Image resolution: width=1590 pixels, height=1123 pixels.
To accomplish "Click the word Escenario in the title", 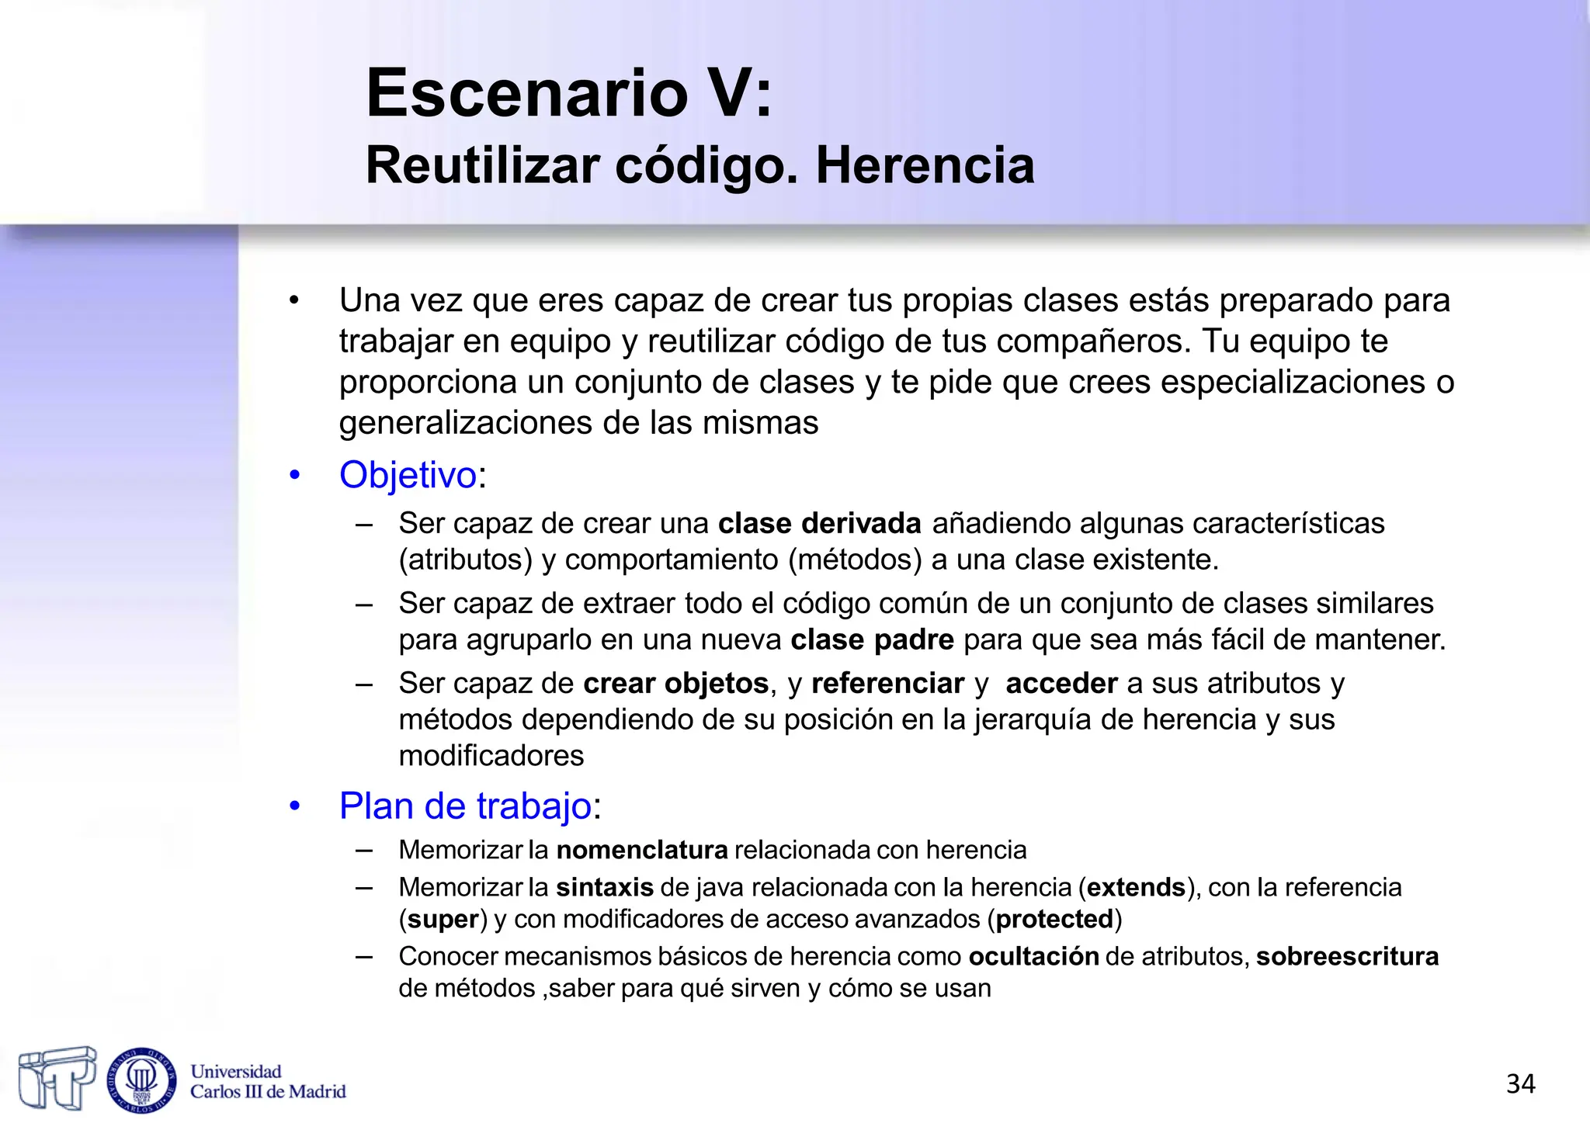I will click(x=527, y=94).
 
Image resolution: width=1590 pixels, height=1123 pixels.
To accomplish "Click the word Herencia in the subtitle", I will click(x=925, y=165).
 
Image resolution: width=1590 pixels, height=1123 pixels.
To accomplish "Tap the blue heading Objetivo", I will click(x=408, y=475).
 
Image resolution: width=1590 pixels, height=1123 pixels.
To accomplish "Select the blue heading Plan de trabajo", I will click(x=466, y=806).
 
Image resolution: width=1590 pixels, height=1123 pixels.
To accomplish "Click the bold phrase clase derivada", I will click(x=819, y=524).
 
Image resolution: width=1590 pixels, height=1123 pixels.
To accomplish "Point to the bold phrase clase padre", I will click(x=872, y=640).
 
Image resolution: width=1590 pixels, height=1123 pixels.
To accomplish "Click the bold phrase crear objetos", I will click(x=675, y=684).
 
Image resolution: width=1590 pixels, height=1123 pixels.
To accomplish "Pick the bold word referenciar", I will click(x=887, y=684).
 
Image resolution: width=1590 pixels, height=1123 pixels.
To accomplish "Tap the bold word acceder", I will click(x=1061, y=684).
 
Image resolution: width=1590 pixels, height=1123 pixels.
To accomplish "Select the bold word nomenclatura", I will click(x=642, y=851).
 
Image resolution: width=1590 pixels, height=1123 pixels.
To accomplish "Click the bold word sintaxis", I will click(x=605, y=887).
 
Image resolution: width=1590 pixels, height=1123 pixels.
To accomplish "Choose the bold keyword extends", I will click(x=1136, y=887).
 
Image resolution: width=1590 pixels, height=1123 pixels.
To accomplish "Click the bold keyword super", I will click(x=443, y=920).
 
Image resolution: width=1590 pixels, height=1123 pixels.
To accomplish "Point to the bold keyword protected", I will click(x=1055, y=920).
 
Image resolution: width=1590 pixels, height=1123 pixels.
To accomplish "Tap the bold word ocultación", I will click(x=1033, y=957).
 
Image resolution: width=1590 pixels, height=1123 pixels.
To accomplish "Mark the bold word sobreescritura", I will click(x=1347, y=957).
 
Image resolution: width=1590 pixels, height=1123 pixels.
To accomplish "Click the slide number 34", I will click(x=1520, y=1083).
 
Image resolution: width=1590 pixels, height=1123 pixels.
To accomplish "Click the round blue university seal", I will click(x=141, y=1080).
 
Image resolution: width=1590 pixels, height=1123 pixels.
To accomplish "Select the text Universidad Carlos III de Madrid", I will click(x=267, y=1082).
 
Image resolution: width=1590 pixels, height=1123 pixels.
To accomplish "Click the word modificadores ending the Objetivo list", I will click(x=491, y=756).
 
